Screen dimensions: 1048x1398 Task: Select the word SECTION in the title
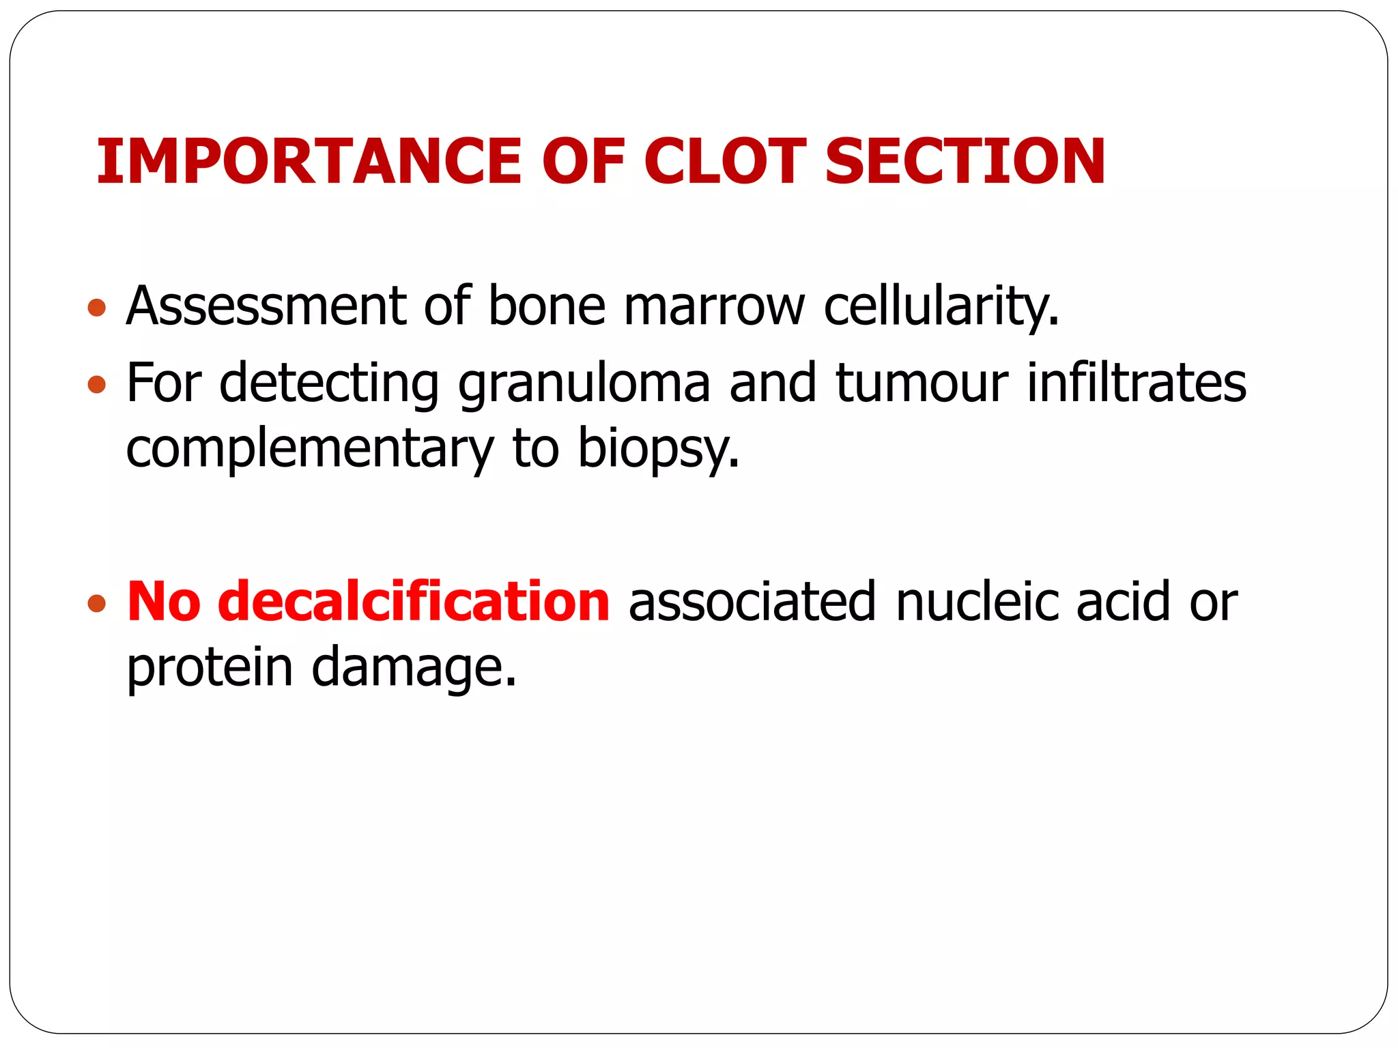tap(965, 162)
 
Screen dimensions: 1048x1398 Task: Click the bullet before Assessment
tap(97, 308)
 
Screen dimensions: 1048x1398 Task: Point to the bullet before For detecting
tap(97, 385)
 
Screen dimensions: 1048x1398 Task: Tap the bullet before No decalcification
tap(97, 603)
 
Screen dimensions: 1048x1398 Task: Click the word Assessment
tap(267, 306)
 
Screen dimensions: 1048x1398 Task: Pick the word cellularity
tap(941, 306)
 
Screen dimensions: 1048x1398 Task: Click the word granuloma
tap(584, 383)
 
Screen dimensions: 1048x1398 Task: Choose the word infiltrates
tap(1137, 383)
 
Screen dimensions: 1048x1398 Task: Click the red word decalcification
tap(414, 602)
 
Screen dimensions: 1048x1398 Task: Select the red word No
tap(164, 602)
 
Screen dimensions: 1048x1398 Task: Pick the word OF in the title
tap(584, 162)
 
